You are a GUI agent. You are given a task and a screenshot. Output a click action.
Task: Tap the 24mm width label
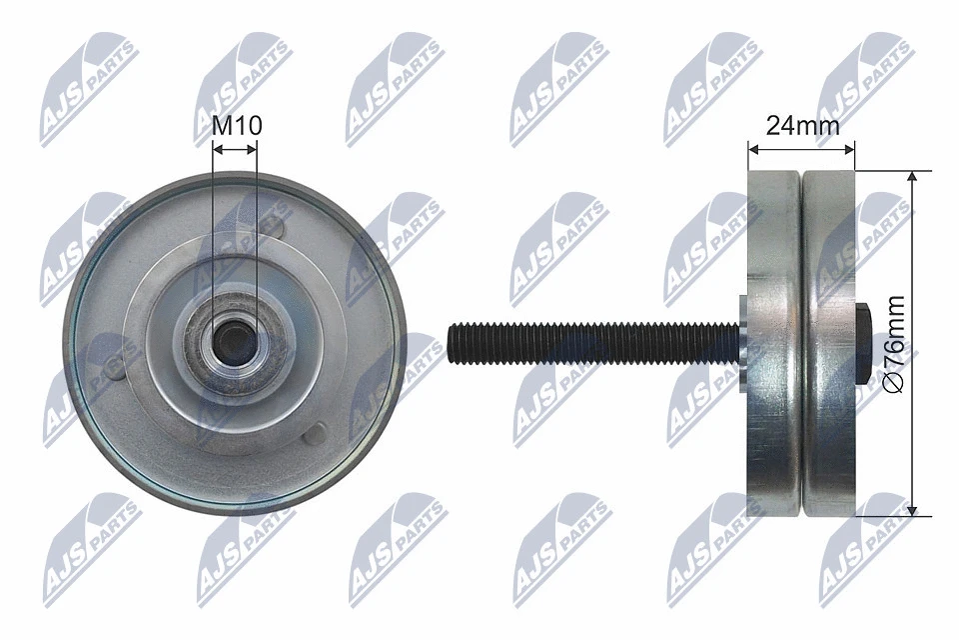tap(802, 125)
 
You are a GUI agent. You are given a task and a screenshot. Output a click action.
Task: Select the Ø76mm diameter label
tap(895, 344)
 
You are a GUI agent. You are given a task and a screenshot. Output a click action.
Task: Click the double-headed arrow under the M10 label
tap(236, 148)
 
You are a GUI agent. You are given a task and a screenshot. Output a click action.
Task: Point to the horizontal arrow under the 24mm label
tap(802, 149)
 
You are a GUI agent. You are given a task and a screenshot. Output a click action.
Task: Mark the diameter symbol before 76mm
tap(895, 384)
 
